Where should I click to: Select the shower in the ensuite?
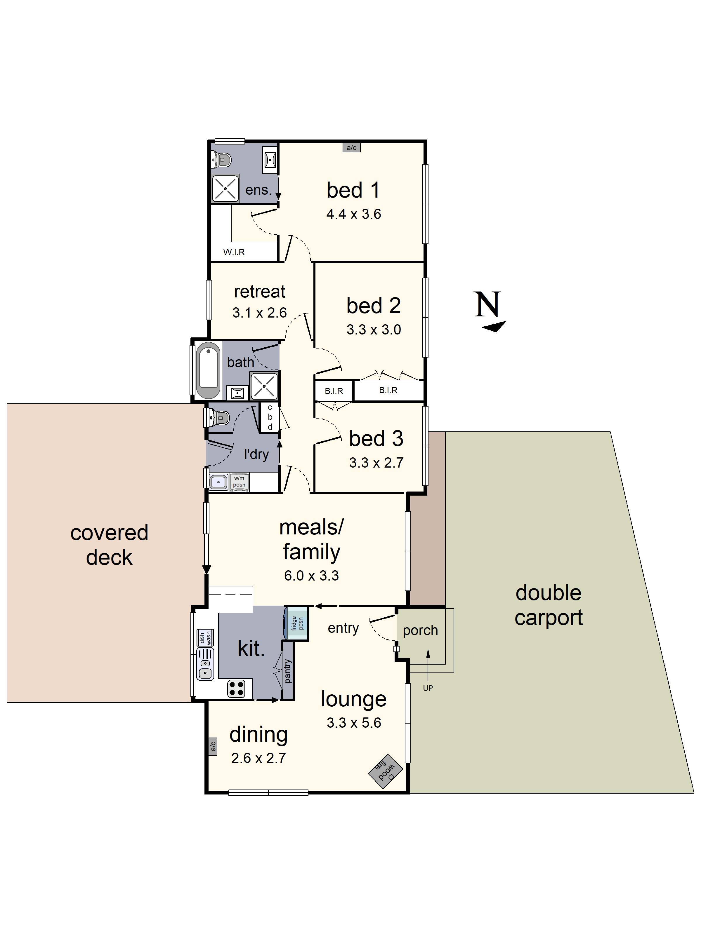point(225,188)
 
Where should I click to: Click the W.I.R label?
point(234,252)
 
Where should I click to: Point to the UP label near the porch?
point(428,688)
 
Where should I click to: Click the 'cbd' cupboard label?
point(270,417)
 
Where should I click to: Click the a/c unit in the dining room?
point(213,747)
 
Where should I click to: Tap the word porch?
point(420,630)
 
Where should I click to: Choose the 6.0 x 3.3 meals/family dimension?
point(311,576)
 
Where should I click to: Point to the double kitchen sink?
point(205,663)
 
